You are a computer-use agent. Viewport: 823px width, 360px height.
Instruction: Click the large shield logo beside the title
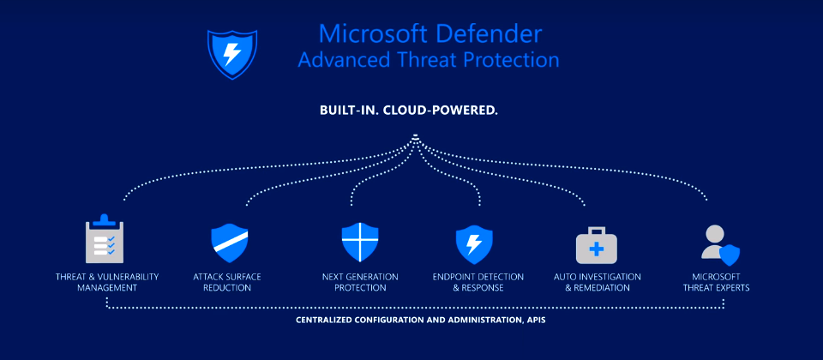(232, 54)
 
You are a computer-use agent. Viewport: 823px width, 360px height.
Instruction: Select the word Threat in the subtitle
(430, 60)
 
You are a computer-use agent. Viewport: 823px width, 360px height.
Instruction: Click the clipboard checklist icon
(105, 238)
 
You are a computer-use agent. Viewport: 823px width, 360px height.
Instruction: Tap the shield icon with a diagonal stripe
(230, 243)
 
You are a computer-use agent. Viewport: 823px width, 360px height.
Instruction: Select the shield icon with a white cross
(359, 243)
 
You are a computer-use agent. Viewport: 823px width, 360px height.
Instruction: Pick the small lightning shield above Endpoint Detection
(474, 244)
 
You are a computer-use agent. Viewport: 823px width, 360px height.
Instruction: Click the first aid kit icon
(597, 244)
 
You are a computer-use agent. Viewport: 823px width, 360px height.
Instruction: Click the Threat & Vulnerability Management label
(107, 282)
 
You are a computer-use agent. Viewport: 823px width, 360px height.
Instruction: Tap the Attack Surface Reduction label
(226, 282)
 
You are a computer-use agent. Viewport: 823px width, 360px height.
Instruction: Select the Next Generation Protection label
(360, 282)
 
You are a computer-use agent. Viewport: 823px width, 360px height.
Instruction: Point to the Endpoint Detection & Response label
(478, 282)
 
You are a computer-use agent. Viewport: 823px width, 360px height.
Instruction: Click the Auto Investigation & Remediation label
(598, 282)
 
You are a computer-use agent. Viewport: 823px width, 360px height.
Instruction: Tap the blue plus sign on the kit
(597, 249)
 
